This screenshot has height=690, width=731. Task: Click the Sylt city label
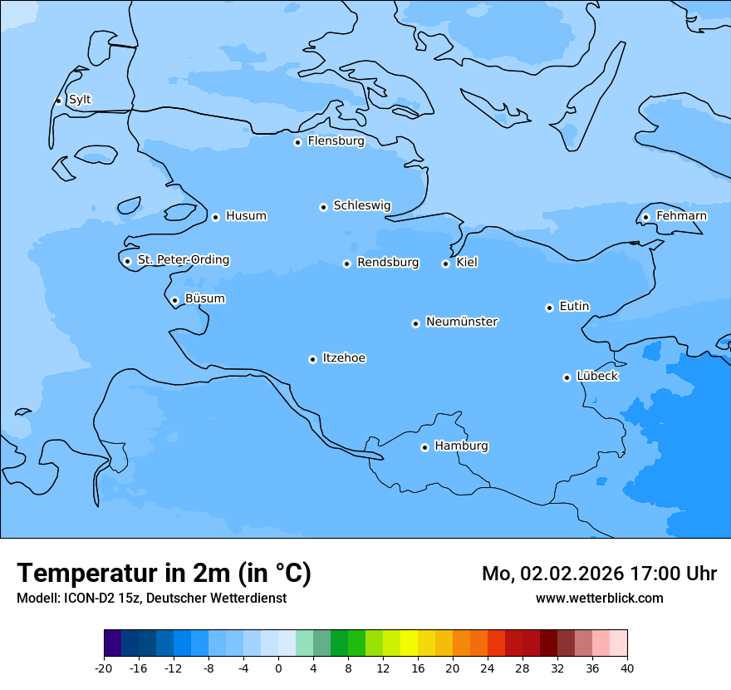[80, 100]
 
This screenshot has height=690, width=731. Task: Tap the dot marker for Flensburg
[297, 142]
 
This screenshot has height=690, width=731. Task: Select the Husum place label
[246, 216]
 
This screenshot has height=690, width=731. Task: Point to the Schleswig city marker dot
[323, 207]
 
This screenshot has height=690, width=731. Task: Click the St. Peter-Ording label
[183, 260]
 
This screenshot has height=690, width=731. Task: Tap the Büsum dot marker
[174, 300]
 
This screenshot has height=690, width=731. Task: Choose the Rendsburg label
[388, 263]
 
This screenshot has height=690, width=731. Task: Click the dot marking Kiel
[445, 264]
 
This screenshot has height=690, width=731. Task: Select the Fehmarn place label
[681, 216]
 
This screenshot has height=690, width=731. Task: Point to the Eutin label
[574, 307]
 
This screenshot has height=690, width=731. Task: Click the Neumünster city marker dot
[415, 323]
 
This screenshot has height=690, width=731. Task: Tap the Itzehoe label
[344, 358]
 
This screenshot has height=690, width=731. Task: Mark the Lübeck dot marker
[567, 377]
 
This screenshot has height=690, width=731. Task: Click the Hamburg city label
[461, 446]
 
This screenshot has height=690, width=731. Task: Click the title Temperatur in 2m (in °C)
[164, 573]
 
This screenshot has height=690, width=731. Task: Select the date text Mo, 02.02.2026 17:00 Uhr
[599, 574]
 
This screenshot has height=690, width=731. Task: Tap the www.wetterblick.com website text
[599, 598]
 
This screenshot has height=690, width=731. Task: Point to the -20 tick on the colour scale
[104, 668]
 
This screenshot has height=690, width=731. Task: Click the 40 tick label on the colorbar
[627, 668]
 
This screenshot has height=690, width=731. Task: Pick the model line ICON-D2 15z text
[151, 598]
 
